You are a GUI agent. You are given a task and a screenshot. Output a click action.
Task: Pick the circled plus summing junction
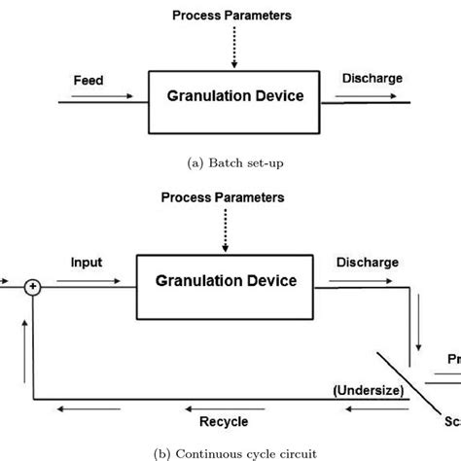click(x=34, y=287)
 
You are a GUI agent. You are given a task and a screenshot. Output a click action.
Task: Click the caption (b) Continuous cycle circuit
click(x=230, y=452)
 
